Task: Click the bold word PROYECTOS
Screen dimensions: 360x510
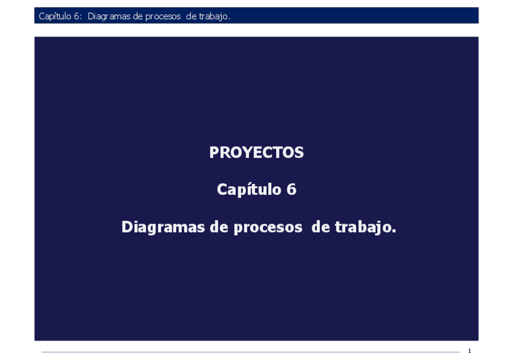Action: point(256,153)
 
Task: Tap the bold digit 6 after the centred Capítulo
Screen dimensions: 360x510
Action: point(291,190)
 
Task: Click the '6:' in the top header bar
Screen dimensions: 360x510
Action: point(79,16)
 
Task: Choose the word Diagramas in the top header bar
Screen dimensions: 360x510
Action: point(108,16)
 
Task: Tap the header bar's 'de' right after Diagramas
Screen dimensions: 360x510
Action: point(137,16)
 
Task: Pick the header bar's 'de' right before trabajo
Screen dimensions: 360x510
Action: point(191,16)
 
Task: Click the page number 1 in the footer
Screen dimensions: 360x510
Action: point(469,351)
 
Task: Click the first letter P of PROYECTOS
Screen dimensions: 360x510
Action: point(214,153)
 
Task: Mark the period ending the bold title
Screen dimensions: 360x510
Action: point(394,231)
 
